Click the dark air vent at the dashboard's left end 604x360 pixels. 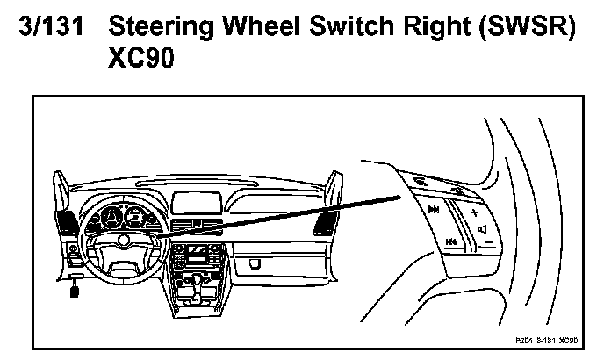click(x=67, y=221)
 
